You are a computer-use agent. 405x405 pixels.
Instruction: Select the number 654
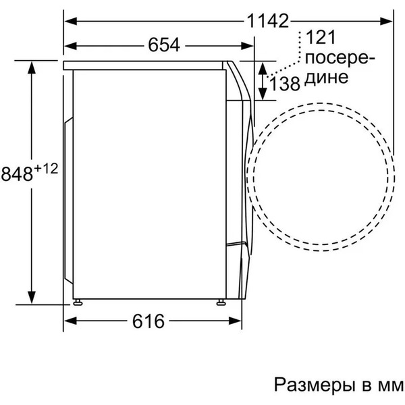(x=163, y=45)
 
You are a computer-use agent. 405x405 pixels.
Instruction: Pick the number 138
(x=285, y=84)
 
